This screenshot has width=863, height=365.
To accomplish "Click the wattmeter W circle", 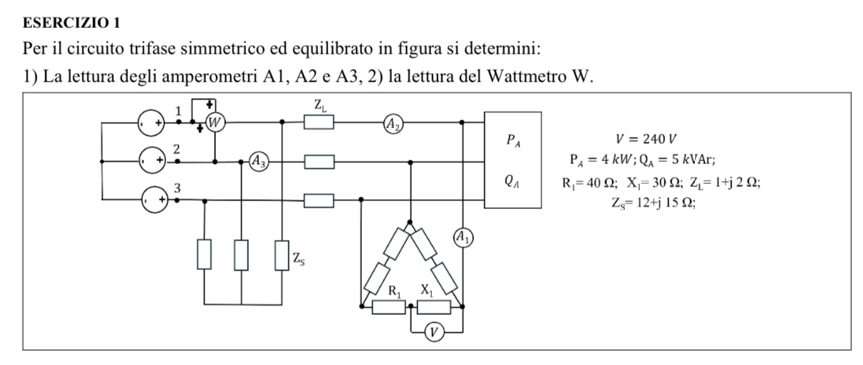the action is pyautogui.click(x=215, y=122).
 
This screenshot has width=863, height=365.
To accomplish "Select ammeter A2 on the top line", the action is pyautogui.click(x=393, y=124).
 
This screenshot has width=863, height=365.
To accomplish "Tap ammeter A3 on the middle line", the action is pyautogui.click(x=259, y=162).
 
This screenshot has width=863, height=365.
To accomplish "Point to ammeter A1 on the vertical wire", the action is pyautogui.click(x=463, y=238).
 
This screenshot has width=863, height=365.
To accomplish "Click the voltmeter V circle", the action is pyautogui.click(x=434, y=332).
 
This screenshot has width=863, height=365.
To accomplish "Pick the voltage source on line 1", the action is pyautogui.click(x=151, y=122).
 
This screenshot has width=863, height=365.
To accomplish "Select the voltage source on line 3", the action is pyautogui.click(x=155, y=200).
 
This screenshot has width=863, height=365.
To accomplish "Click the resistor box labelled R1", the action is pyautogui.click(x=389, y=307).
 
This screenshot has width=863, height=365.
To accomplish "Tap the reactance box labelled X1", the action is pyautogui.click(x=434, y=307).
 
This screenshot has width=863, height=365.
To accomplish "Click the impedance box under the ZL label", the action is pyautogui.click(x=319, y=122).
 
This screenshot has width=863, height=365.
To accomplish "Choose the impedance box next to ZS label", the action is pyautogui.click(x=282, y=255).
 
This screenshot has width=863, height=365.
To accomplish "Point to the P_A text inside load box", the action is pyautogui.click(x=513, y=140).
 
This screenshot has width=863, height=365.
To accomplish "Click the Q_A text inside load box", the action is pyautogui.click(x=512, y=180).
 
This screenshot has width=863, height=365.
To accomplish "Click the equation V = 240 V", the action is pyautogui.click(x=646, y=139).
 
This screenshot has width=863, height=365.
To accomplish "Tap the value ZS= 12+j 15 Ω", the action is pyautogui.click(x=654, y=203).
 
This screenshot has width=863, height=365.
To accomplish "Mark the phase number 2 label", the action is pyautogui.click(x=177, y=149).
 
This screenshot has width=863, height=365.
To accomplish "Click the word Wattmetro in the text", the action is pyautogui.click(x=526, y=76).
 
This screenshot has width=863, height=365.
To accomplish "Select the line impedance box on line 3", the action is pyautogui.click(x=319, y=201).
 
